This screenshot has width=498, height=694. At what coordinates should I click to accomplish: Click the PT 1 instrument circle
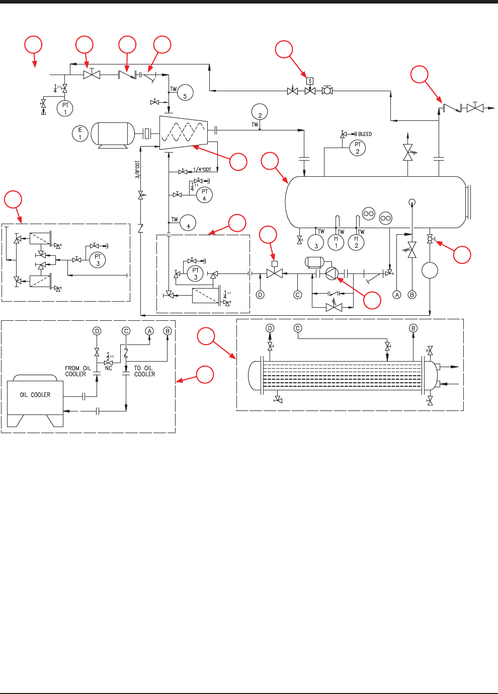tap(65, 108)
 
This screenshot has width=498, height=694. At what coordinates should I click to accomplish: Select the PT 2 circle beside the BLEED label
tap(357, 148)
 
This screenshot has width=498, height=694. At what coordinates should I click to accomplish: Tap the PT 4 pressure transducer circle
tap(204, 195)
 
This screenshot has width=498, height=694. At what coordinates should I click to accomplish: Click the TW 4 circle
tap(188, 223)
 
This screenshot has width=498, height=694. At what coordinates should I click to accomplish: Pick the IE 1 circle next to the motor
tap(80, 134)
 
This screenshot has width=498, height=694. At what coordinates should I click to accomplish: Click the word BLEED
tap(365, 134)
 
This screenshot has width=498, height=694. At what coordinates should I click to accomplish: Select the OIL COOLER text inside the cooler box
tap(35, 395)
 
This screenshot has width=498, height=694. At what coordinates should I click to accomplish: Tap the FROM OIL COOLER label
tap(77, 371)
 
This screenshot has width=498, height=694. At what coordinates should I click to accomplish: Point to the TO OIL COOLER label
tap(144, 371)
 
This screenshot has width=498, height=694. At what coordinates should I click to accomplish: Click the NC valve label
tap(109, 368)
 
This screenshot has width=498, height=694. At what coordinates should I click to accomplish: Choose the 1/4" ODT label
tap(202, 170)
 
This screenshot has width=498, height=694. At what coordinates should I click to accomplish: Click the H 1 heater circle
tap(336, 242)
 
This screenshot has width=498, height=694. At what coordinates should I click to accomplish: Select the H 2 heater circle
tap(356, 242)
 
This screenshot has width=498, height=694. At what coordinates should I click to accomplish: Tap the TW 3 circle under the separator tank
tap(316, 242)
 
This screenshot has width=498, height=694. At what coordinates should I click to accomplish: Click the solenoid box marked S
tap(310, 81)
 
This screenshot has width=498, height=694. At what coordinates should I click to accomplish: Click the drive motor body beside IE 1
tap(116, 134)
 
